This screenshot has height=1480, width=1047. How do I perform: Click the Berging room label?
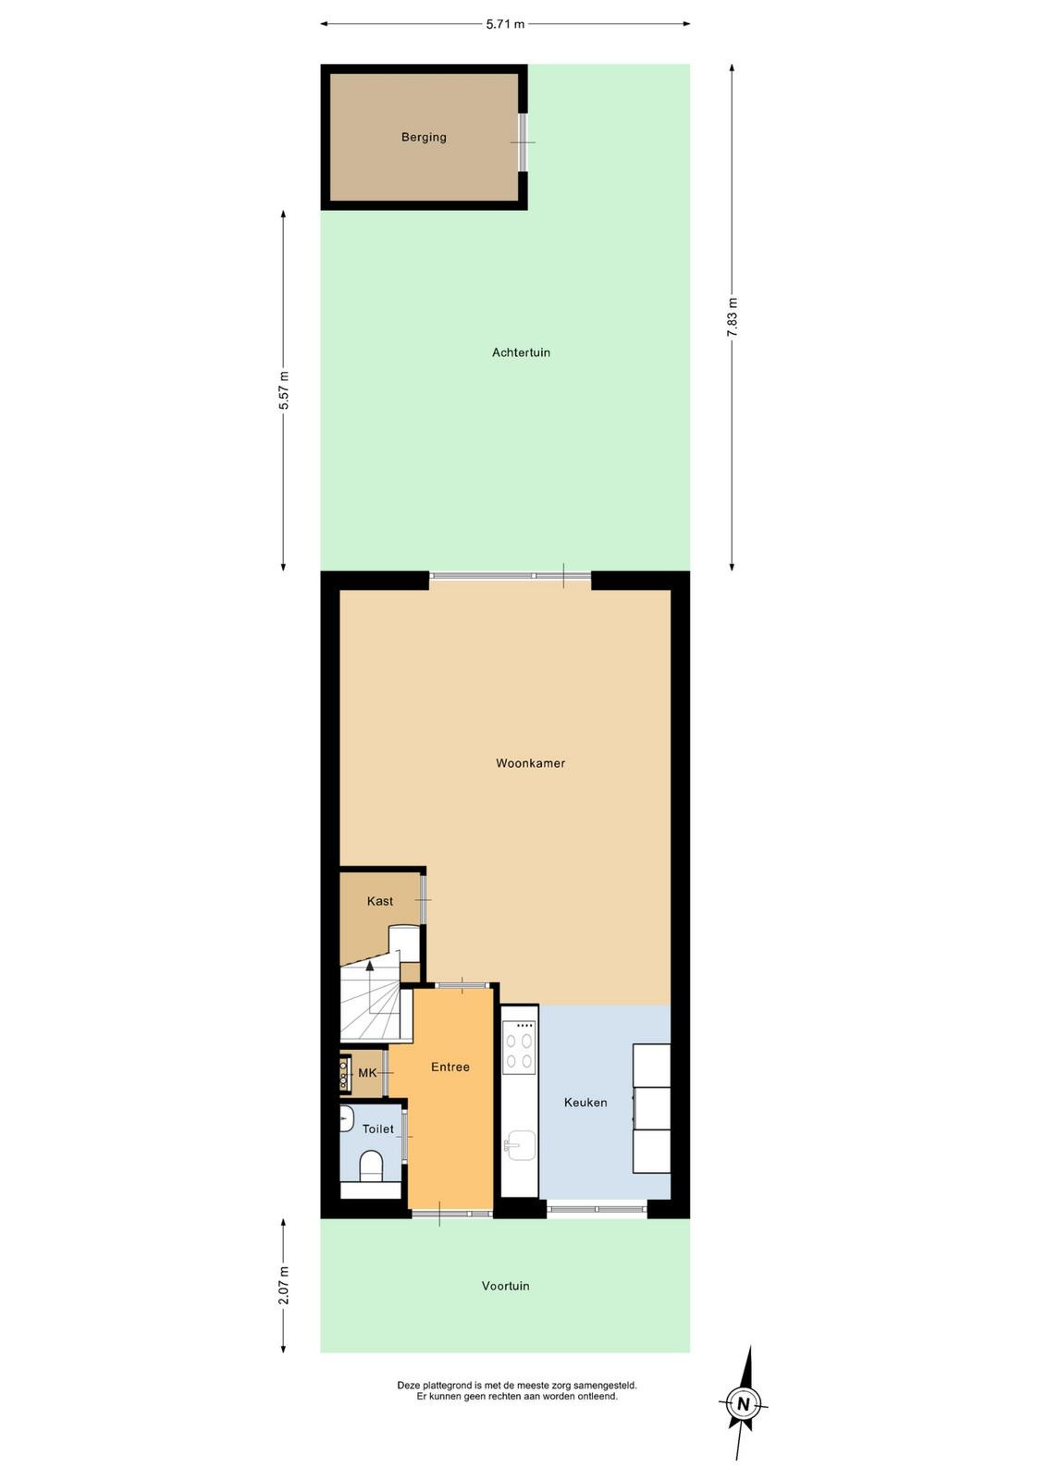(424, 138)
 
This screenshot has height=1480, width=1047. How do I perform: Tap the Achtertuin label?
(521, 352)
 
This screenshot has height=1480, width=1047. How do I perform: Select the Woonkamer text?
(530, 763)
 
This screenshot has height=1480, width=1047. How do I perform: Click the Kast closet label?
(380, 901)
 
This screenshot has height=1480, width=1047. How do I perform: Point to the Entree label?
(450, 1067)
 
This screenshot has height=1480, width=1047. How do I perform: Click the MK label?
(367, 1073)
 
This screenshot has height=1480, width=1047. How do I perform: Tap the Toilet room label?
(378, 1129)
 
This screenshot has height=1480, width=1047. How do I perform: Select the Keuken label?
(585, 1102)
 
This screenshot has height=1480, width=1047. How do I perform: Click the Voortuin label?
(505, 1286)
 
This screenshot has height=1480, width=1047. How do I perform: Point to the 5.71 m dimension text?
(505, 24)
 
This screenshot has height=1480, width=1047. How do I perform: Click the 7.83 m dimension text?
(732, 317)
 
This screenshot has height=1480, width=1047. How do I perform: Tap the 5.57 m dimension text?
(283, 390)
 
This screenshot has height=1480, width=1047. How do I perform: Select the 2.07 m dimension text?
(283, 1286)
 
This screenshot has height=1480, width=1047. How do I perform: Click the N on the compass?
(744, 1404)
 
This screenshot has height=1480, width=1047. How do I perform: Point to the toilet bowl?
(371, 1165)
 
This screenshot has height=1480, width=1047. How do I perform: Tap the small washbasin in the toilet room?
(346, 1118)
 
